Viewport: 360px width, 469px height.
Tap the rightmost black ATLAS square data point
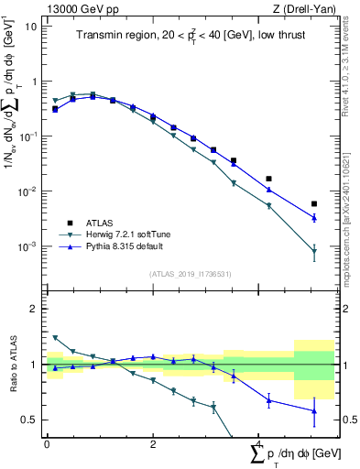(314, 204)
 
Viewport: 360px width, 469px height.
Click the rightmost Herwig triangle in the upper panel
(314, 252)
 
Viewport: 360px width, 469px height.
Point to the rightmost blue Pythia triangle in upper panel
(314, 218)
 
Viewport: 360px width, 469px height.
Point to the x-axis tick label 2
(153, 443)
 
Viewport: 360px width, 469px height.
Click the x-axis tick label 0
(47, 443)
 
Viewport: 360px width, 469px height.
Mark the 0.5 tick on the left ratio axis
(29, 420)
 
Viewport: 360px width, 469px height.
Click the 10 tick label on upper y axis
(29, 26)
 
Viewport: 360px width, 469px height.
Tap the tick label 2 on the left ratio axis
(33, 309)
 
